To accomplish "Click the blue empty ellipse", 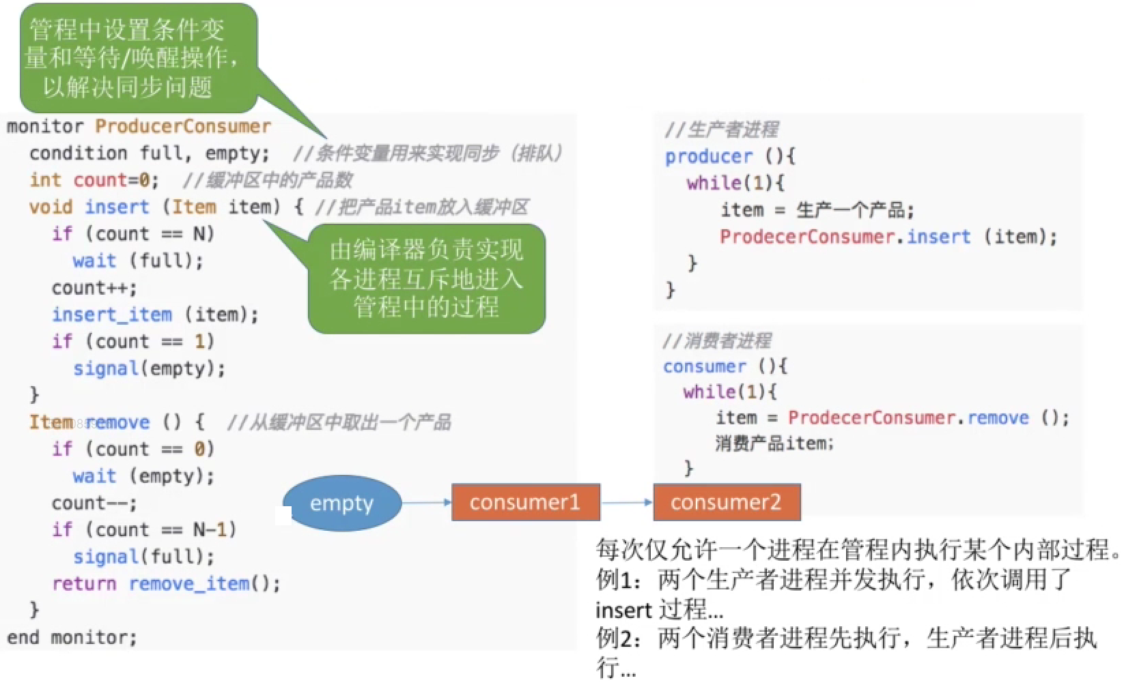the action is point(342,503).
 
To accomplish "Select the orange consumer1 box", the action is point(526,503).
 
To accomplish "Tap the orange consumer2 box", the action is point(727,503).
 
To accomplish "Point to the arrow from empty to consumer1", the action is point(427,503).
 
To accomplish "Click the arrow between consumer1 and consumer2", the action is point(627,503).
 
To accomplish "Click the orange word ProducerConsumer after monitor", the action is point(183,126).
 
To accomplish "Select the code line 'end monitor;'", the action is point(72,638).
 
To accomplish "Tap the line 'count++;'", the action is point(94,289).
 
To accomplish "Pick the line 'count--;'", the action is point(94,503).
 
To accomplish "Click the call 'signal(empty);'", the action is point(150,369).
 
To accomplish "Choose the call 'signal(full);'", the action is point(144,557).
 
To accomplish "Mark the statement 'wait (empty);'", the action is point(143,476).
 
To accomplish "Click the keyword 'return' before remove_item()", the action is point(84,584).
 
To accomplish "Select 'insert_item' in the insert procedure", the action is point(113,315).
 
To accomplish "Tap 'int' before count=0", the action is point(46,180).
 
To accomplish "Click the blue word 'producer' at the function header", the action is point(709,157).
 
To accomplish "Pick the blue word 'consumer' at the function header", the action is point(705,366).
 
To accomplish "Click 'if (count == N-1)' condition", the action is point(144,530).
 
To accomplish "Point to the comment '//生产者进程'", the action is point(722,130).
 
